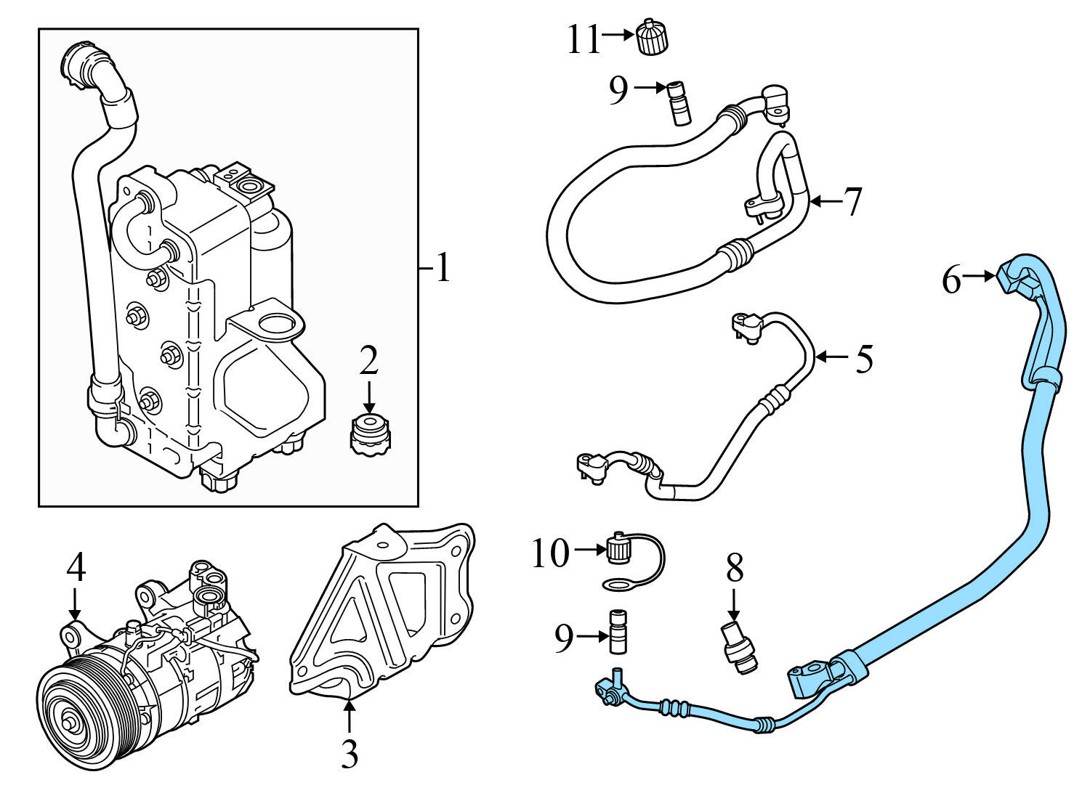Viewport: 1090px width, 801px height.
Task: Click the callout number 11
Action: coord(583,40)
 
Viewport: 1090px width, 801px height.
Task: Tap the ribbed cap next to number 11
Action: coord(652,37)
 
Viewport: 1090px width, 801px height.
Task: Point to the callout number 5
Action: coord(864,359)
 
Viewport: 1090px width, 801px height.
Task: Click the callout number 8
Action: coord(735,569)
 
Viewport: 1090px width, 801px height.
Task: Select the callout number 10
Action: coord(550,555)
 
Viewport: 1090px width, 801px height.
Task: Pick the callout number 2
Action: coord(369,361)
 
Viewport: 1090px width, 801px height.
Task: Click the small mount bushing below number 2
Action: coord(369,434)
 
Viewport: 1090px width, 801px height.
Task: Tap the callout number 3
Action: coord(350,755)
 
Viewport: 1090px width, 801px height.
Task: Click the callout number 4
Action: coord(76,568)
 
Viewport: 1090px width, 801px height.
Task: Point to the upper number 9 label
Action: coord(618,91)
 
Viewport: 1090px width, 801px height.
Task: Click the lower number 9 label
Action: coord(564,638)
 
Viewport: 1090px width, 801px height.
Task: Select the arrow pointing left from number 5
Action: coord(831,357)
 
